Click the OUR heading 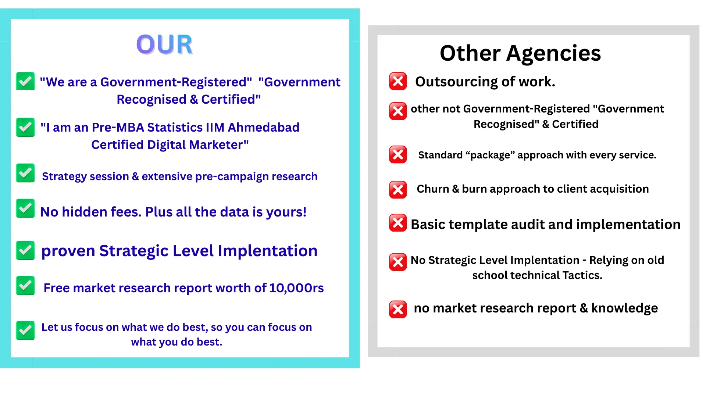pyautogui.click(x=164, y=44)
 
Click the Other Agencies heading pyautogui.click(x=520, y=53)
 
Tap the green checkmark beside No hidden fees pyautogui.click(x=25, y=208)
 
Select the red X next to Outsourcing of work pyautogui.click(x=398, y=81)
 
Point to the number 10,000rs pyautogui.click(x=296, y=288)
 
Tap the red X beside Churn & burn pyautogui.click(x=398, y=190)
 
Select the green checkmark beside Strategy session pyautogui.click(x=25, y=173)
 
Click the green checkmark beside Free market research pyautogui.click(x=25, y=286)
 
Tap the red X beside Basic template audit pyautogui.click(x=398, y=223)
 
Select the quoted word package pyautogui.click(x=491, y=155)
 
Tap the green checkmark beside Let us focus pyautogui.click(x=25, y=330)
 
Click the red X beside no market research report pyautogui.click(x=398, y=309)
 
